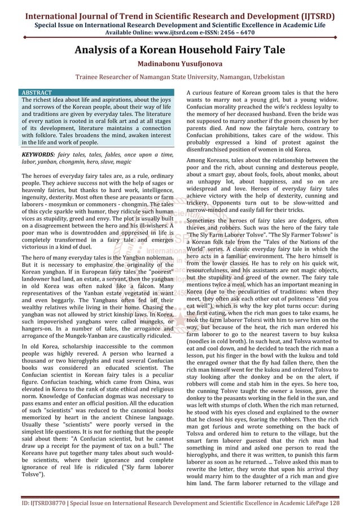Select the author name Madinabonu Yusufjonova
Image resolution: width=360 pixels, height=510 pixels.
pos(180,64)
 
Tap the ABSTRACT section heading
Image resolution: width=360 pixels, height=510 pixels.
pos(36,92)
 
